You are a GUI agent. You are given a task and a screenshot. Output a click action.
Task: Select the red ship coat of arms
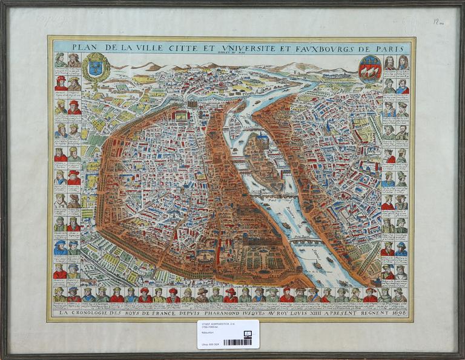369,68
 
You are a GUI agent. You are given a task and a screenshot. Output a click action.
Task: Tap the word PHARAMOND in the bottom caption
229,313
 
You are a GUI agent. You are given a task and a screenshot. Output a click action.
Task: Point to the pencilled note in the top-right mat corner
438,22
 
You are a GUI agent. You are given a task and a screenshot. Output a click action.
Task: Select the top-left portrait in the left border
60,60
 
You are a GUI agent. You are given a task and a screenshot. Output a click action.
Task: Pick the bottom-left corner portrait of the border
59,295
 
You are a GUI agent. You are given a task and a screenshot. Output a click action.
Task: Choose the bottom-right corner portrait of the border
400,295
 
